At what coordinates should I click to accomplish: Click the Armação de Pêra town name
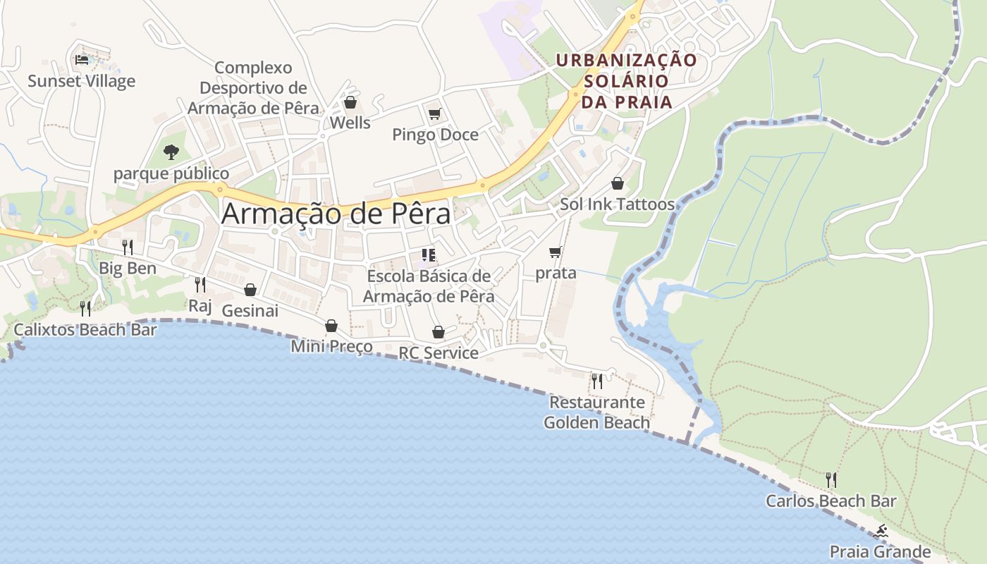[336, 214]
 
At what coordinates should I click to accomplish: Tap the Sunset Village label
[81, 81]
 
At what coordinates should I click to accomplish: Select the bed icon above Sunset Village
[82, 60]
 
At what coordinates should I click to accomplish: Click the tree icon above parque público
[171, 152]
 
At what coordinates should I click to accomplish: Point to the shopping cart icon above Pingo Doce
[435, 114]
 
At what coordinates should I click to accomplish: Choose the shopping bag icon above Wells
[350, 103]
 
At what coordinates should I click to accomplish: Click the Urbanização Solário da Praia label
[625, 80]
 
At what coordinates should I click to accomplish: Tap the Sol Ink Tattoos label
[617, 204]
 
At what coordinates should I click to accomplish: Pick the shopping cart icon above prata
[556, 252]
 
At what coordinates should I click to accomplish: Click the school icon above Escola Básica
[429, 255]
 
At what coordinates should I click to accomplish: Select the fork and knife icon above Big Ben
[128, 247]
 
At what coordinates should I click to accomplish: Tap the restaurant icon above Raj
[200, 284]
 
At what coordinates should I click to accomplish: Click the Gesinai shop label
[250, 310]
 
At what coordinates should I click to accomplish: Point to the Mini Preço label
[331, 346]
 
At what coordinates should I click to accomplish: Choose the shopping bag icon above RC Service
[439, 332]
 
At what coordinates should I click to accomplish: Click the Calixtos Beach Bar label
[85, 329]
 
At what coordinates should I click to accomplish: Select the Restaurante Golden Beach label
[596, 412]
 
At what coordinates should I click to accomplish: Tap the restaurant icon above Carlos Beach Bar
[831, 480]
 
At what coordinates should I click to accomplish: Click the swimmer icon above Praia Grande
[880, 531]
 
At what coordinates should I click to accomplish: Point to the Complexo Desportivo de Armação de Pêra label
[253, 88]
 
